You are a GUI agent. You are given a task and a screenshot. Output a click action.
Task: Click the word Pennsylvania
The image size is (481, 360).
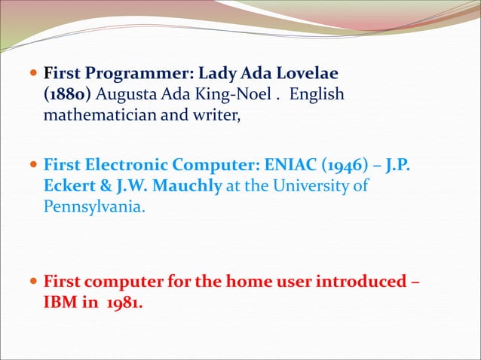point(91,206)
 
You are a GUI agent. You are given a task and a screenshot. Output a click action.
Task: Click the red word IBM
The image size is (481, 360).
point(60,305)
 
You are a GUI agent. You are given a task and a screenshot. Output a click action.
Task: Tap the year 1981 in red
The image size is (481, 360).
point(121,305)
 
